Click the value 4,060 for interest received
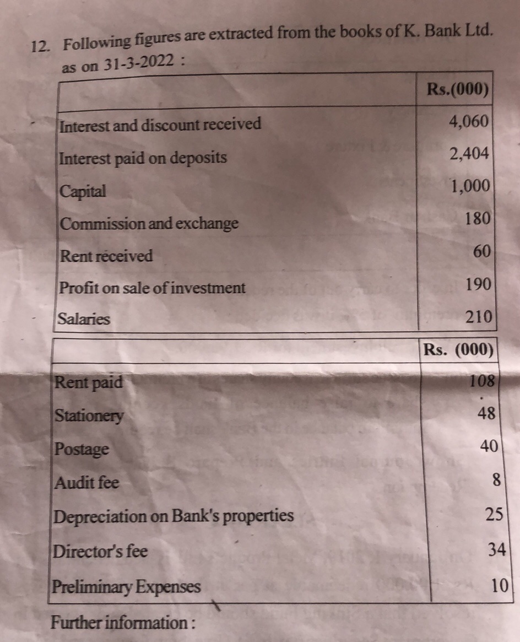click(469, 121)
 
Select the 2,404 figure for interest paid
click(469, 154)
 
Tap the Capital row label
click(83, 192)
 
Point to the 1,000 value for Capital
click(470, 186)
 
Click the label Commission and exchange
click(149, 224)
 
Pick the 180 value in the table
click(477, 219)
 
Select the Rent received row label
click(106, 256)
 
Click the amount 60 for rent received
click(481, 252)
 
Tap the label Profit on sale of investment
click(152, 288)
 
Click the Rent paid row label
click(89, 382)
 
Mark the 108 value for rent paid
click(484, 381)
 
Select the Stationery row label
click(89, 416)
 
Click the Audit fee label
click(86, 483)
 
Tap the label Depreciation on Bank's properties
click(174, 516)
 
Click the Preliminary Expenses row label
click(127, 587)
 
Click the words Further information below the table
click(123, 623)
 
